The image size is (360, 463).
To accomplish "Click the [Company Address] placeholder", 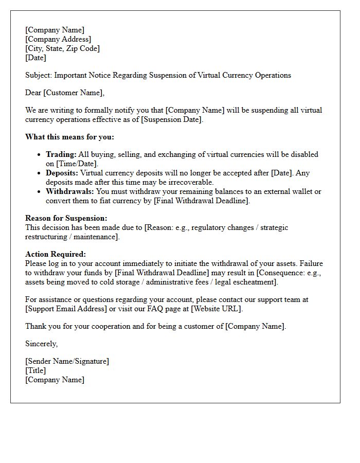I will (58, 39).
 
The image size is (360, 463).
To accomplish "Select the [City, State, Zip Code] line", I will (62, 48).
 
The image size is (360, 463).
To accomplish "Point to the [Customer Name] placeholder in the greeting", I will (74, 93).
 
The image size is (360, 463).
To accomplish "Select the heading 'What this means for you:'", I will (69, 137).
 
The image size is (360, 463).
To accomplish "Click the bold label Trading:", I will (61, 154).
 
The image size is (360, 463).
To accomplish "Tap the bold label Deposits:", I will (62, 173).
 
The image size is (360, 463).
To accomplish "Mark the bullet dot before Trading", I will (40, 154).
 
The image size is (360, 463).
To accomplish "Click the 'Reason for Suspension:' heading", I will (66, 218).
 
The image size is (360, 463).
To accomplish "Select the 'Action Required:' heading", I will (56, 254).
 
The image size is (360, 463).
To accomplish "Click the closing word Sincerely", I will (41, 344).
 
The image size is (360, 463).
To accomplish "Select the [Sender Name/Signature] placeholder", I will (67, 361).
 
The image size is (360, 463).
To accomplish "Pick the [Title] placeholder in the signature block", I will (35, 370).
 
